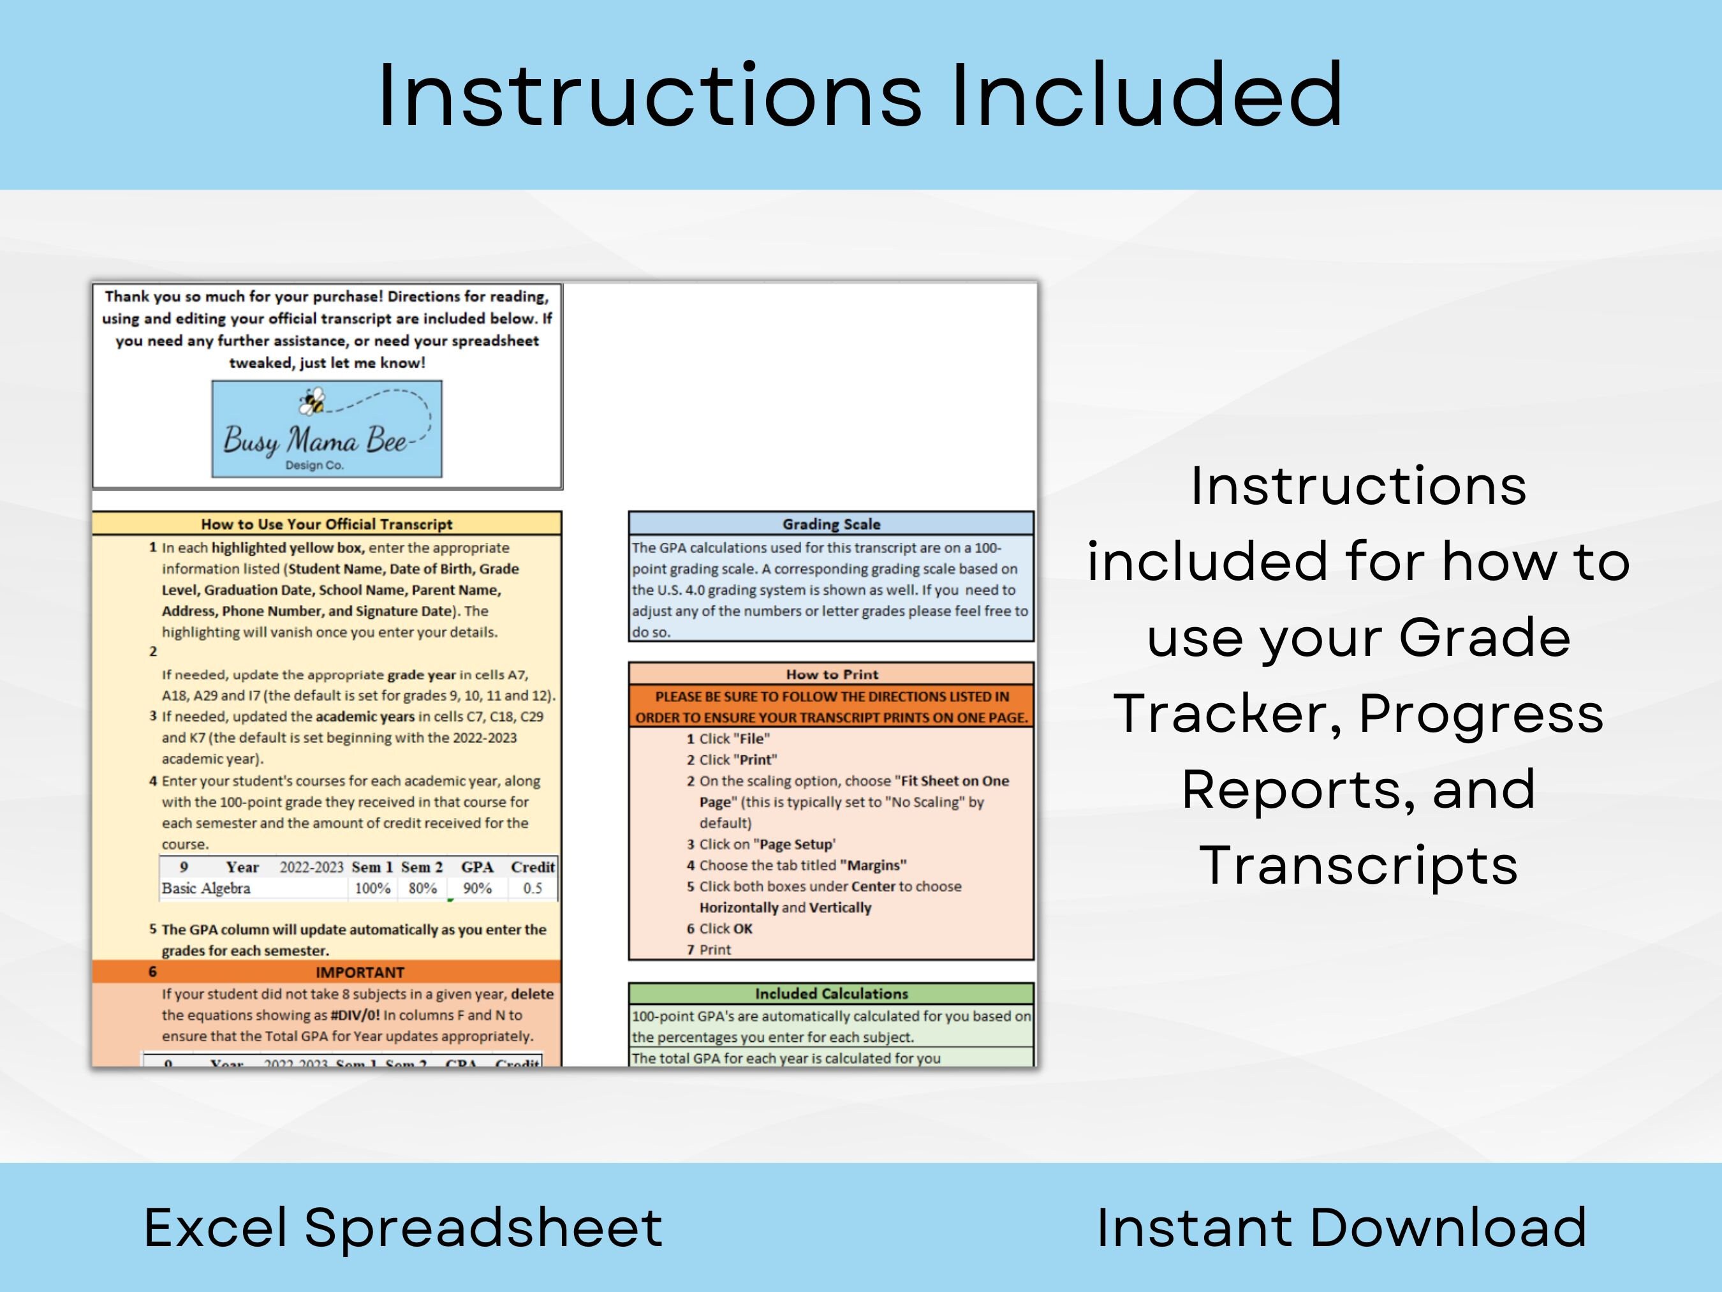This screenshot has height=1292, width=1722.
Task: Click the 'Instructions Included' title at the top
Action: tap(860, 95)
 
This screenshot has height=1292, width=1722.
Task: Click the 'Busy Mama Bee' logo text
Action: tap(314, 441)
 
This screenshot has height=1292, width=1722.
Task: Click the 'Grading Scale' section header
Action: tap(830, 524)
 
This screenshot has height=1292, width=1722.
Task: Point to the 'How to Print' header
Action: tap(830, 674)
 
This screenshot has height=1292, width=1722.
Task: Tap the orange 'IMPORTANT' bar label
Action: tap(360, 972)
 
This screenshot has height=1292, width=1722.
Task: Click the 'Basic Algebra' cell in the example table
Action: tap(206, 889)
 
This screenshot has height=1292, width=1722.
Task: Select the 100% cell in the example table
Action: tap(372, 889)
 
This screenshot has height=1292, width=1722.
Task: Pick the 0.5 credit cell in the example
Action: tap(533, 889)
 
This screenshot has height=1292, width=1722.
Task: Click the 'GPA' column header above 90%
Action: tap(477, 867)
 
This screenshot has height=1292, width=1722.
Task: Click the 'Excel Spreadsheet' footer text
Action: tap(402, 1228)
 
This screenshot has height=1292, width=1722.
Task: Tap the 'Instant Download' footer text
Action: tap(1341, 1228)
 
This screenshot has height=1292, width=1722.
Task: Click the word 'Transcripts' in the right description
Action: tap(1358, 865)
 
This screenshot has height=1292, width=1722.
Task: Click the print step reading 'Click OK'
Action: tap(726, 928)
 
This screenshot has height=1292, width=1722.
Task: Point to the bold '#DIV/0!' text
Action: tap(355, 1014)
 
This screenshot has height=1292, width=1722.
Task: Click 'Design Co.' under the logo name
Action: tap(314, 465)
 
